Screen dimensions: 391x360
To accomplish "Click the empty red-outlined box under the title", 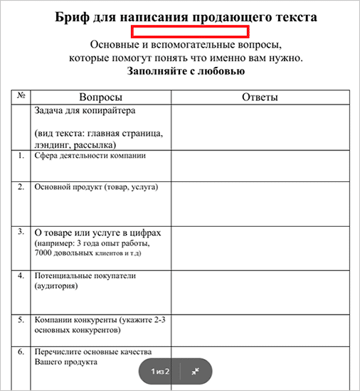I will [x=189, y=31].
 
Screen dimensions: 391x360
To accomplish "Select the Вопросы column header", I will [x=100, y=97].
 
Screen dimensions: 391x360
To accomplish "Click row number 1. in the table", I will [x=21, y=154].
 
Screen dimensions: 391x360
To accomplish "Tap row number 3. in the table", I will [x=21, y=232].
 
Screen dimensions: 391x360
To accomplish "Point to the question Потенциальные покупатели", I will [x=85, y=275].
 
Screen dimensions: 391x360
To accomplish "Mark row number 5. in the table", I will [x=21, y=320].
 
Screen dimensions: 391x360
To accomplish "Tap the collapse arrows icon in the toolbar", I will [x=195, y=370].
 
